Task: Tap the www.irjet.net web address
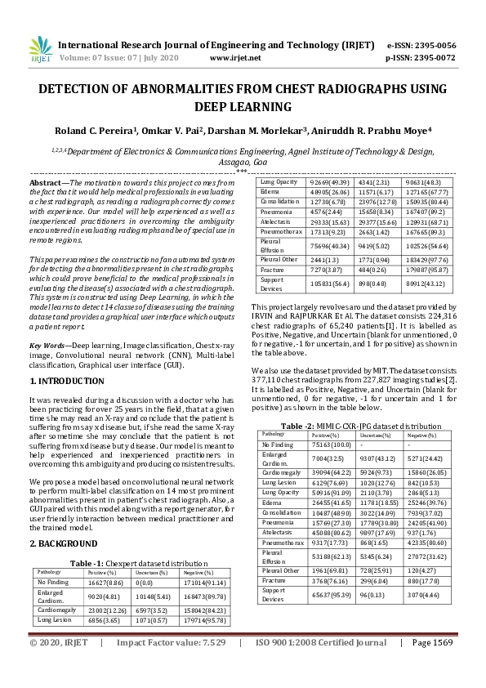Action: click(x=235, y=58)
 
